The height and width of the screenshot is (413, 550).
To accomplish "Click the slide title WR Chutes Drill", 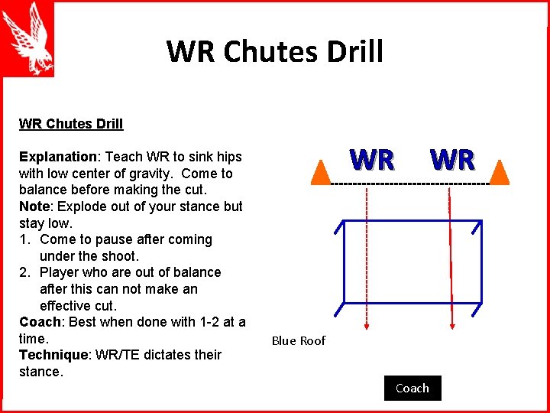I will (274, 51).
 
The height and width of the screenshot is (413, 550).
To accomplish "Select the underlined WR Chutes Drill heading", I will (71, 124).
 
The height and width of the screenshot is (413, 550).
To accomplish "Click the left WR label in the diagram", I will (372, 161).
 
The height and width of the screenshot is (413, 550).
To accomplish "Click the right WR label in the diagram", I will (452, 161).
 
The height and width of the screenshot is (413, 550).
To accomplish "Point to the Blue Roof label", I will (299, 341).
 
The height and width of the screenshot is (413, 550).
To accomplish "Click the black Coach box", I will (412, 389).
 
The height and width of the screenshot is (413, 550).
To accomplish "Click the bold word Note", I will (34, 206).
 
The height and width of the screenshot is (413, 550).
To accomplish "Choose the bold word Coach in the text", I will (39, 322).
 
